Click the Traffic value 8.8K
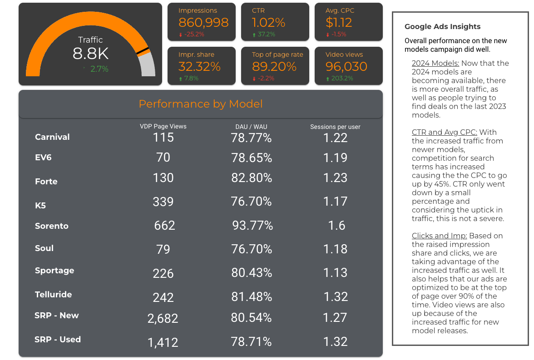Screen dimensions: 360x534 (x=90, y=54)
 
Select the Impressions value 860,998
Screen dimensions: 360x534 (x=203, y=22)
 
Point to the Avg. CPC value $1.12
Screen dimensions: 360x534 (x=339, y=22)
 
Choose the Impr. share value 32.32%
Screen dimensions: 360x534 (x=199, y=66)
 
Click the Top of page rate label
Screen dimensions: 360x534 (x=277, y=54)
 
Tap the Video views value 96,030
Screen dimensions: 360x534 (x=346, y=66)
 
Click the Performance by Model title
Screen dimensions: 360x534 (x=201, y=104)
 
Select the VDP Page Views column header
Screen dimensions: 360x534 (x=163, y=126)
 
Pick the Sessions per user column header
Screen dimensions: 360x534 (x=335, y=127)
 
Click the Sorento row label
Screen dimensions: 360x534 (x=52, y=226)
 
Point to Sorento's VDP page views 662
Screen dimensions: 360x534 (x=164, y=226)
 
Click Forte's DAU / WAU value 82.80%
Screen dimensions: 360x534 (x=252, y=178)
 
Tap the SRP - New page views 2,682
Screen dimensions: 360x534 (x=163, y=319)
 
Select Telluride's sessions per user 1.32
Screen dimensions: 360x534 (x=335, y=297)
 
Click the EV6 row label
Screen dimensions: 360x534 (x=44, y=158)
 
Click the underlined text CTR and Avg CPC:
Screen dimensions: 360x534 (x=445, y=132)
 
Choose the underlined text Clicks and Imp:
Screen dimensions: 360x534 (x=440, y=236)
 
